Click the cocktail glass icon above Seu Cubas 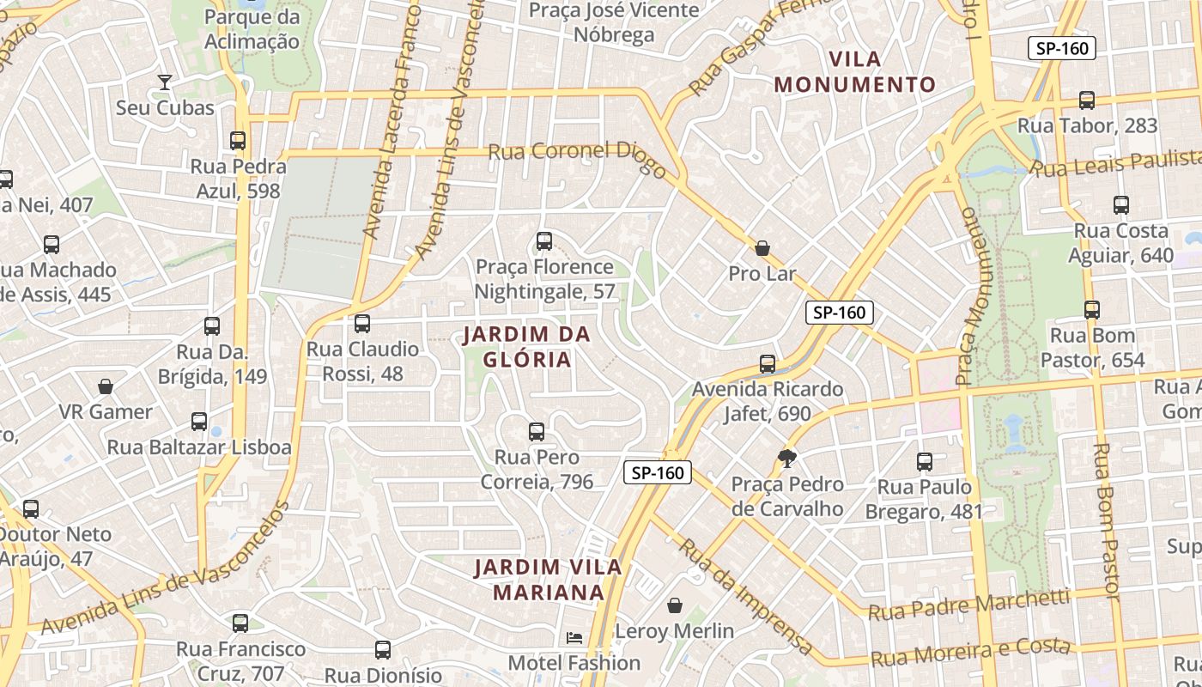tap(164, 82)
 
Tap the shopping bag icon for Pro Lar tap(762, 248)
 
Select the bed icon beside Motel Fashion tap(574, 637)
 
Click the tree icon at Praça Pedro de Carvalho tap(786, 458)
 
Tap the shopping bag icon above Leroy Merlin tap(675, 605)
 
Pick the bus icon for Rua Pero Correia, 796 tap(537, 432)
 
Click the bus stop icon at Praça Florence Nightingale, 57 tap(543, 241)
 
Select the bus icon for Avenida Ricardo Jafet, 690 tap(768, 364)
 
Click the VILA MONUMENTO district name tap(855, 72)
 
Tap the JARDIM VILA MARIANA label tap(549, 580)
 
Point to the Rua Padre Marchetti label tap(968, 605)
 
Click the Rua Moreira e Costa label tap(970, 653)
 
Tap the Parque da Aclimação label tap(252, 29)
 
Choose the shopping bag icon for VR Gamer tap(106, 386)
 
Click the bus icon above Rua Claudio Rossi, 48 tap(362, 324)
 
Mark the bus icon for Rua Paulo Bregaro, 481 tap(924, 462)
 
